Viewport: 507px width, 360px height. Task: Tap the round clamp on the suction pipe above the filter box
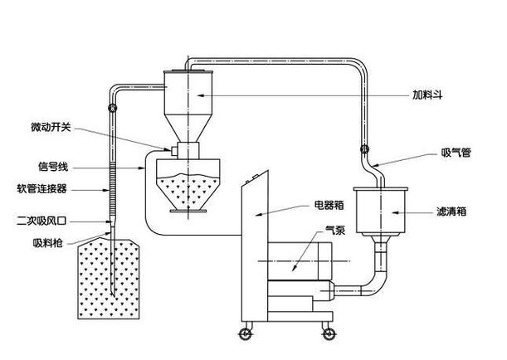363,150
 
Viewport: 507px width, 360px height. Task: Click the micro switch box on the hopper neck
178,150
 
